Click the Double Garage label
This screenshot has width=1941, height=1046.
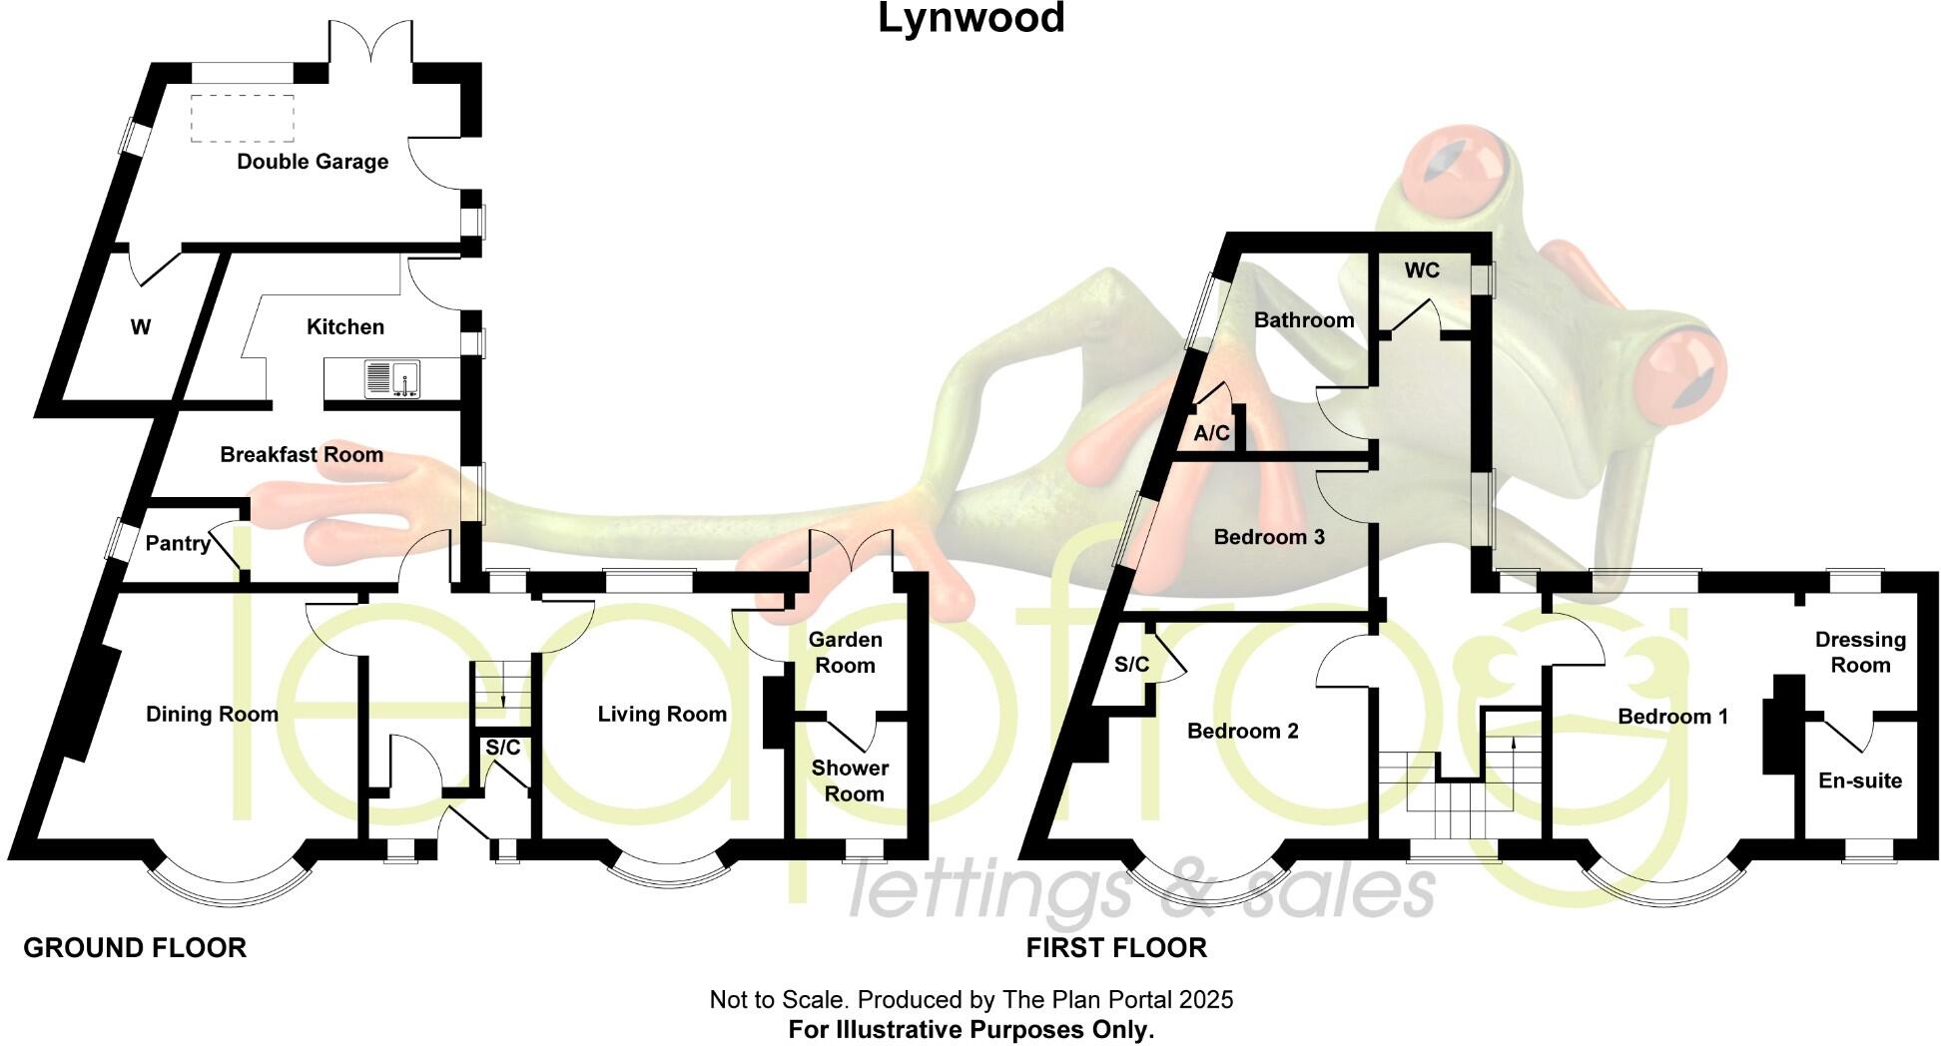[313, 162]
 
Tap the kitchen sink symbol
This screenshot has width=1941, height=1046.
[392, 379]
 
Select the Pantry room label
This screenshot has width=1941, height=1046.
[178, 544]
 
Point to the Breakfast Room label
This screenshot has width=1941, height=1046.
[302, 455]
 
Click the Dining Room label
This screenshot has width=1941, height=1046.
[212, 715]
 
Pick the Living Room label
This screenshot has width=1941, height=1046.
[662, 715]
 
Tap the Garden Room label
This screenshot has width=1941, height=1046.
[845, 653]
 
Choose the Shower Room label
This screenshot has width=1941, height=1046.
[849, 781]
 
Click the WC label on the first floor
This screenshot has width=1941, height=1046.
[1422, 271]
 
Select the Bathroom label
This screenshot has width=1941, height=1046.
[1304, 320]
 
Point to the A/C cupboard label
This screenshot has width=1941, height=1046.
[1212, 434]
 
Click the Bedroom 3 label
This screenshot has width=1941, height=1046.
[1269, 538]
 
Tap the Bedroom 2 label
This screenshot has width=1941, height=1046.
[1243, 732]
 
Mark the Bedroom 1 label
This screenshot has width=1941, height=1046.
[1672, 717]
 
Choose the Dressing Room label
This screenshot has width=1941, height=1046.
[1860, 653]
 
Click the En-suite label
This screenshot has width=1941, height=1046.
[1860, 782]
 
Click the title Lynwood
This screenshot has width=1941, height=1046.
[970, 19]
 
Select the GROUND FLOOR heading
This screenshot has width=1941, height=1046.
[135, 948]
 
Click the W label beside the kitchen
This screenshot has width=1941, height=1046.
[141, 327]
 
